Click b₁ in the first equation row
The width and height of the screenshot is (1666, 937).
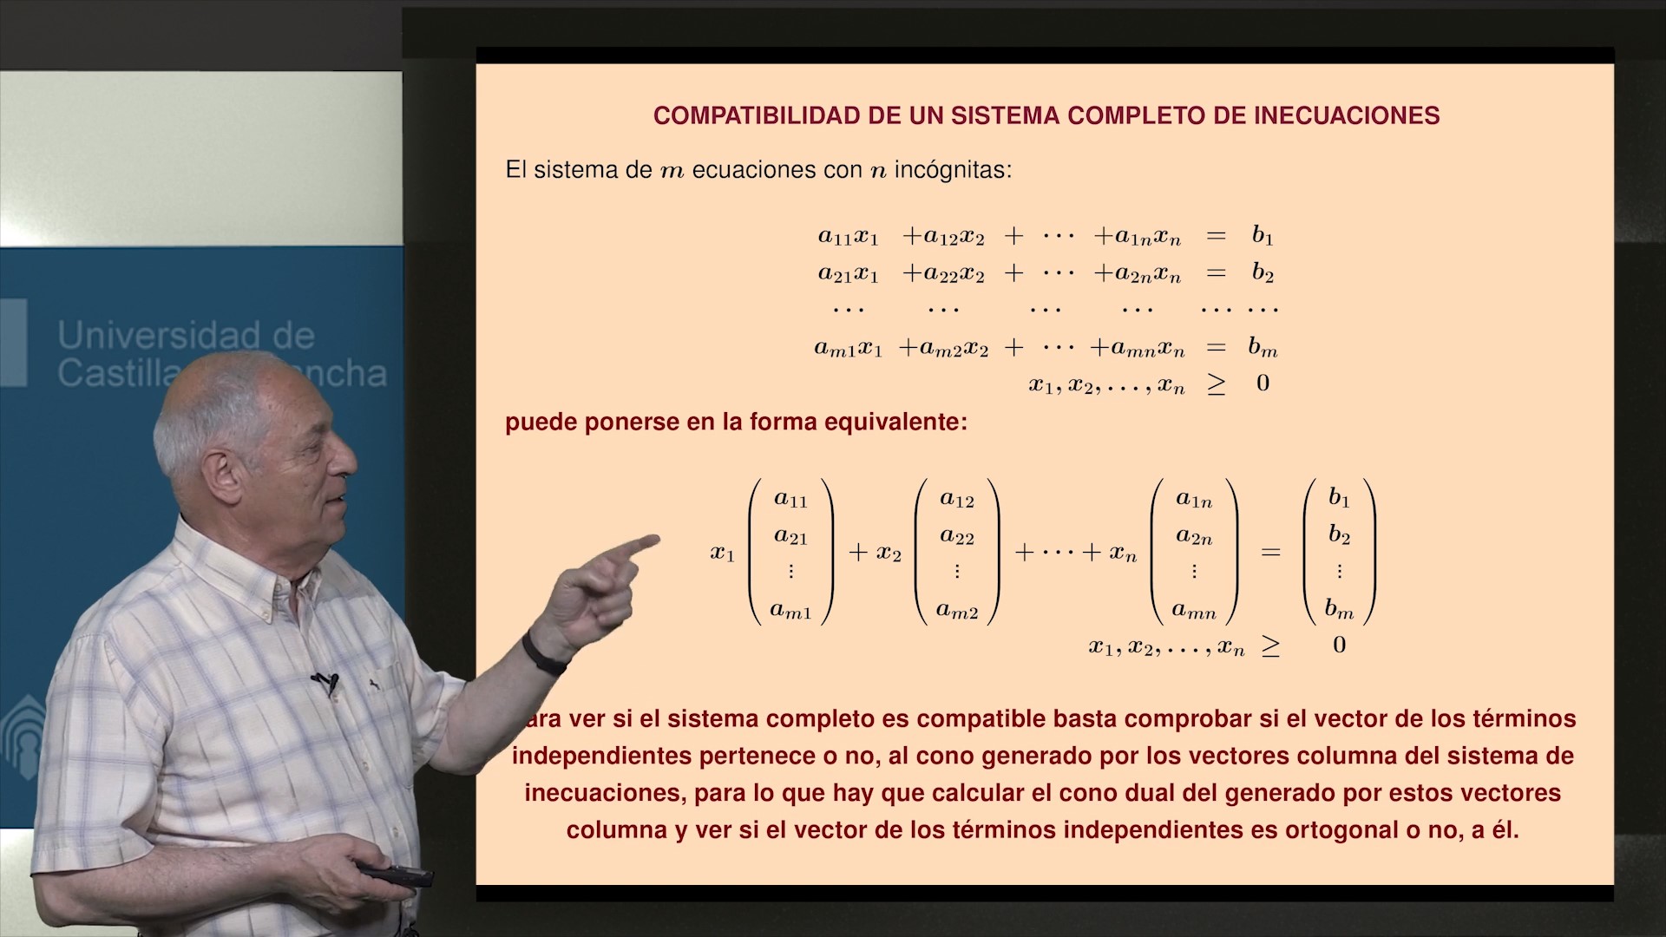click(1263, 235)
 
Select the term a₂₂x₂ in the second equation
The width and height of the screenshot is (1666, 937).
click(943, 274)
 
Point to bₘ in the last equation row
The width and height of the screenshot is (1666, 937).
click(1263, 347)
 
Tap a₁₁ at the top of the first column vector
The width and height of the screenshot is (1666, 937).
click(790, 499)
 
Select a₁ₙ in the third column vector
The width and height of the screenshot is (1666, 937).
click(1194, 499)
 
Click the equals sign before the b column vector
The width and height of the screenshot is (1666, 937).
click(1270, 552)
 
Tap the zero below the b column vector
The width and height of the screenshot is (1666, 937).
click(1340, 645)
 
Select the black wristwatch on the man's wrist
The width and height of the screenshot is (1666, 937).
click(543, 652)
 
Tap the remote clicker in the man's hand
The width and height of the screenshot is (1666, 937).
click(395, 873)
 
